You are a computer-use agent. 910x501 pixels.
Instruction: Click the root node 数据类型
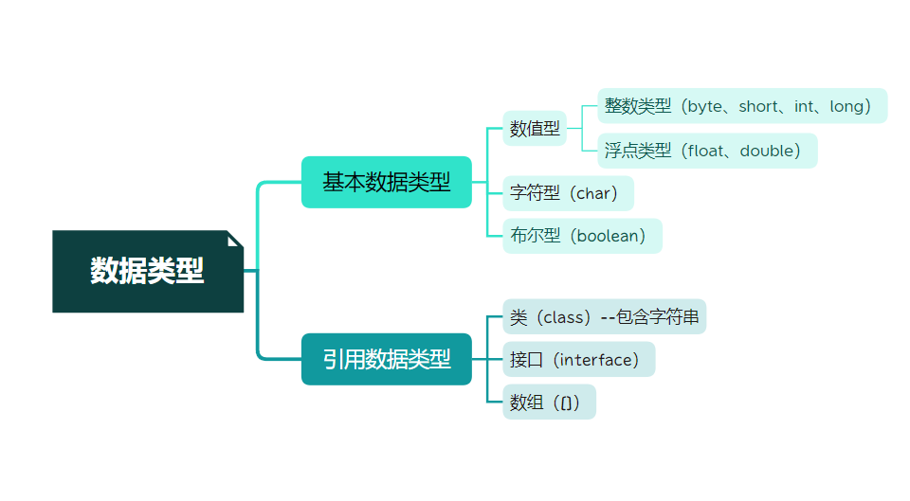click(x=148, y=271)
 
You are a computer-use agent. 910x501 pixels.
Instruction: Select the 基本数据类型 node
click(x=386, y=182)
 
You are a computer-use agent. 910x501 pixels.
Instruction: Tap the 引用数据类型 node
click(x=386, y=359)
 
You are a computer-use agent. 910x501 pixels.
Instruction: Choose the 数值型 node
click(x=535, y=128)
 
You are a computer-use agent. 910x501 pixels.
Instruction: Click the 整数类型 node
click(x=742, y=106)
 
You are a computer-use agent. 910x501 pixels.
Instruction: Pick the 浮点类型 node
click(x=707, y=151)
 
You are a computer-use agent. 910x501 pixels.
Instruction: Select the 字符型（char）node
click(x=568, y=193)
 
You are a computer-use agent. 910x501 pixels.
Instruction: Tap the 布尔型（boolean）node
click(x=582, y=236)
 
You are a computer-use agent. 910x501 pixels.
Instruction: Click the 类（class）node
click(x=604, y=316)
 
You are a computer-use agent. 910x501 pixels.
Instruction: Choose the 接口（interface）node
click(x=578, y=359)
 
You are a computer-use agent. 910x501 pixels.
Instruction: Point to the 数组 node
click(x=549, y=402)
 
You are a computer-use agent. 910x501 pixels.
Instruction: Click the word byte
click(x=705, y=106)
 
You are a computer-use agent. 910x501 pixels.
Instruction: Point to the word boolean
click(x=607, y=236)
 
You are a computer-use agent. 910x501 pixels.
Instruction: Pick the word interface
click(x=594, y=359)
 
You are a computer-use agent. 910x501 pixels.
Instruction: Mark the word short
click(x=757, y=106)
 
